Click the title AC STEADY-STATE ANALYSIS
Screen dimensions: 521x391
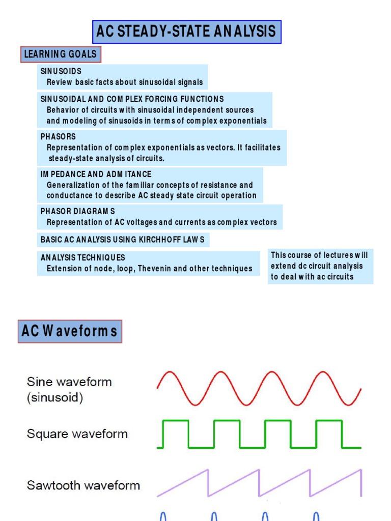tap(186, 32)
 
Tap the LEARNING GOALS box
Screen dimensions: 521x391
tap(60, 54)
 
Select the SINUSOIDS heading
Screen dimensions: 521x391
tap(61, 71)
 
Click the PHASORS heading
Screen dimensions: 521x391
tap(58, 136)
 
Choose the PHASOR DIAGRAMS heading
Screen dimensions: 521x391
tap(78, 211)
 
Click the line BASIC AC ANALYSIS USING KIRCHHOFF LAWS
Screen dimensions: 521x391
tap(123, 239)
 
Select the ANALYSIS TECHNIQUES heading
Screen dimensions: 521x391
tap(82, 257)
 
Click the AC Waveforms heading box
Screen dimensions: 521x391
tap(70, 331)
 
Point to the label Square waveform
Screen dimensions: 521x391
tap(77, 434)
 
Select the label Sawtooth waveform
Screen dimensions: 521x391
tap(83, 485)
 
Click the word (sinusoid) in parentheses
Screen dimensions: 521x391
tap(54, 398)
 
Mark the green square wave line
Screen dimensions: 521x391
tap(201, 421)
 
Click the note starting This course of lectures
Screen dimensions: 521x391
tap(320, 266)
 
